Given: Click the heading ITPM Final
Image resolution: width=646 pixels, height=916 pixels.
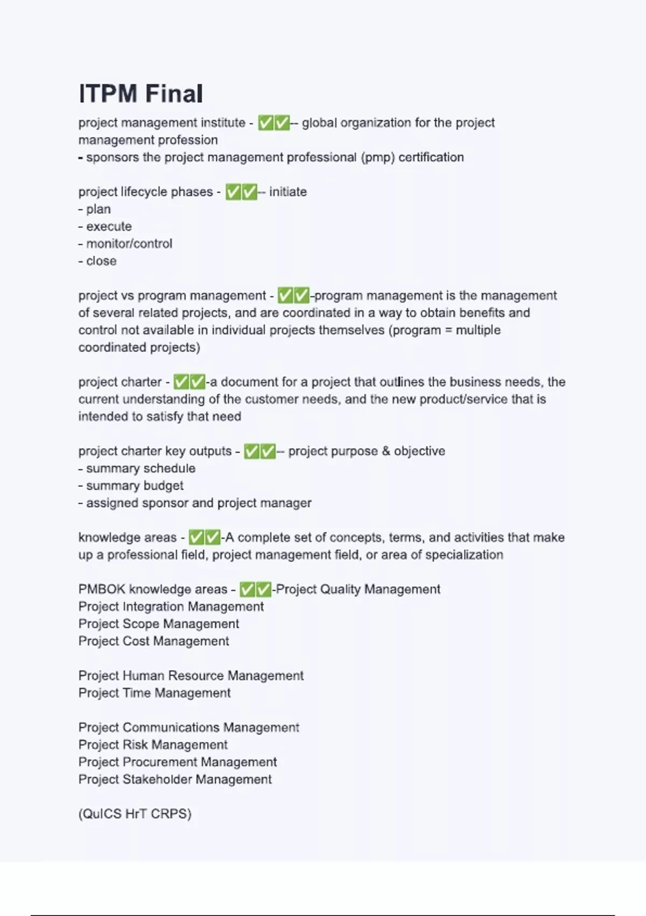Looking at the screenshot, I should coord(141,94).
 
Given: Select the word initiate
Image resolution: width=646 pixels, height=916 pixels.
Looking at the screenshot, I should coord(287,192).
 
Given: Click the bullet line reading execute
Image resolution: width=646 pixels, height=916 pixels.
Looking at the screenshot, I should coord(108,226).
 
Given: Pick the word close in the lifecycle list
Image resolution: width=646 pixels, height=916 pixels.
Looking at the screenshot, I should coord(101,261).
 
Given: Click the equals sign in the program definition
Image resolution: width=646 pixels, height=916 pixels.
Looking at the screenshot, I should coord(449,330).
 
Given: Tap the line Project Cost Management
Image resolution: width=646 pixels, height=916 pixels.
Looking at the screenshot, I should coord(153,641).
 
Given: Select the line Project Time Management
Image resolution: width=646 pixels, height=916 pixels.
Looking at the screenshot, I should coord(154,693).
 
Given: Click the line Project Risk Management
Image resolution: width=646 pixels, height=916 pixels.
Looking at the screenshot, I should coord(153,745).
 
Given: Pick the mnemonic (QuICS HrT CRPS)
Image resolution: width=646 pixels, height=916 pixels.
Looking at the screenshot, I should coord(135,814).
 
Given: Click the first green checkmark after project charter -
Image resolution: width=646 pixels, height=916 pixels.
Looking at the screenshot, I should coord(181,382).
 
